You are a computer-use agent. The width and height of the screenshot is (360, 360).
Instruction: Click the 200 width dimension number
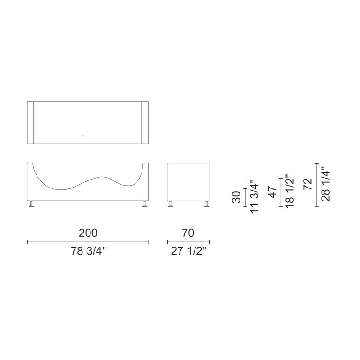(88, 233)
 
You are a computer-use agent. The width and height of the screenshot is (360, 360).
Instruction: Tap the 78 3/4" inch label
(88, 251)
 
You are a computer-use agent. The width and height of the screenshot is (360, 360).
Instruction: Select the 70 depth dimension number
(188, 233)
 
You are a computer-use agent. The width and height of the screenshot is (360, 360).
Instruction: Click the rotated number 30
(236, 197)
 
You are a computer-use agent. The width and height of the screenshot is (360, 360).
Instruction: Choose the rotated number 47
(272, 192)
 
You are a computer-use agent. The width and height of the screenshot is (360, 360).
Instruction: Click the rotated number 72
(307, 184)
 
